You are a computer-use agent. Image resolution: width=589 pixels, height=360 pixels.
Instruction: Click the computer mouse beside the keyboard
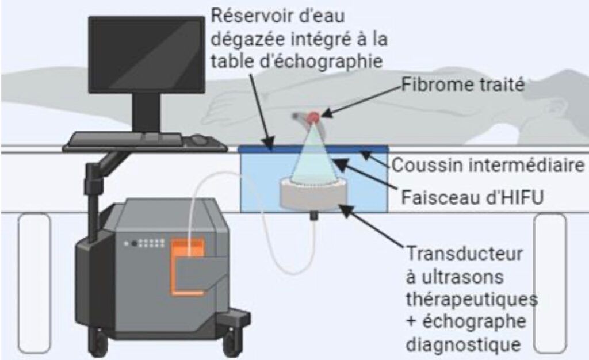coord(199,139)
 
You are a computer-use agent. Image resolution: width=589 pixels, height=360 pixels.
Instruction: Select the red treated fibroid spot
coord(312,117)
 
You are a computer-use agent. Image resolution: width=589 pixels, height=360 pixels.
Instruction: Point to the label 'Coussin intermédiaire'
coord(488,166)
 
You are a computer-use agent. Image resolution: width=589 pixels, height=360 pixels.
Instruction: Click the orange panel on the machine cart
coord(188,262)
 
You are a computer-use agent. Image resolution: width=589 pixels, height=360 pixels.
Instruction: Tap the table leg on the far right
coord(550,282)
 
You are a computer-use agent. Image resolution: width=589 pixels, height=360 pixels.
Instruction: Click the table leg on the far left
coord(34,282)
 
